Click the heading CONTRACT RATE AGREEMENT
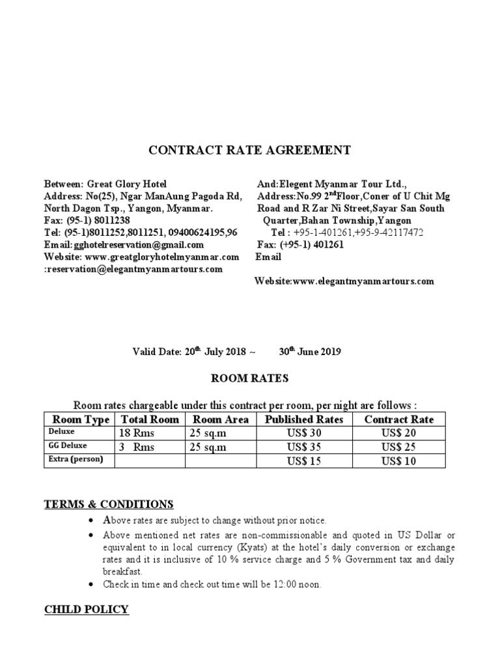[250, 150]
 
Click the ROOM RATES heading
[250, 378]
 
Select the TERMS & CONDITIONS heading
[109, 504]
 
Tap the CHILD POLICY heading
[86, 609]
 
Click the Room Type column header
[80, 419]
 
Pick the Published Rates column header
[304, 419]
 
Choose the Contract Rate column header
[398, 419]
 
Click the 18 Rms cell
[135, 433]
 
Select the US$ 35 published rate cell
[304, 447]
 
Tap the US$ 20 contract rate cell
[398, 433]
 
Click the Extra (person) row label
[74, 460]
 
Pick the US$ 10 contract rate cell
[398, 462]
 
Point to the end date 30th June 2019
[310, 352]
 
